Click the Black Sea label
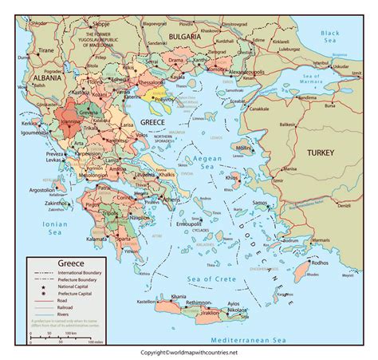[330, 37]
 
